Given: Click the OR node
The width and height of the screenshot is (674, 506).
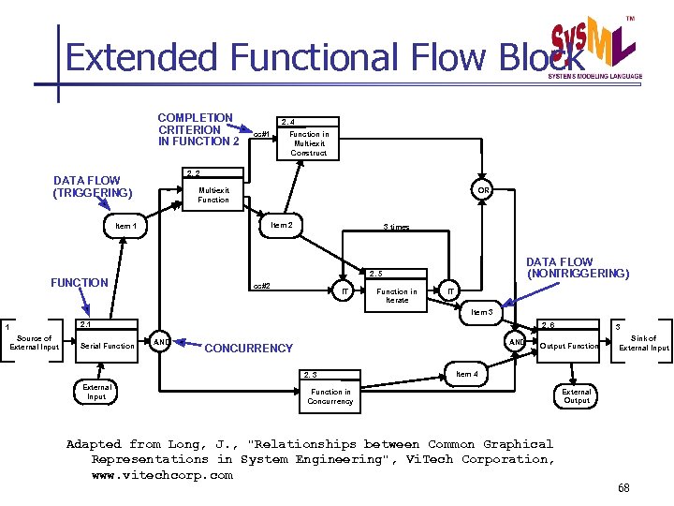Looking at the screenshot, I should pos(483,190).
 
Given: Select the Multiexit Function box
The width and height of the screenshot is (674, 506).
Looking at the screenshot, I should pos(213,194).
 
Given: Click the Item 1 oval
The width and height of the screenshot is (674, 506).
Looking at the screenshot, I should pos(125,226).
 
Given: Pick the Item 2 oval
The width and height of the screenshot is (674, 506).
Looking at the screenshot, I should pos(281,225).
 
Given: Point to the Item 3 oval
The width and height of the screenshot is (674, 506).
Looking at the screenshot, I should pos(482,312).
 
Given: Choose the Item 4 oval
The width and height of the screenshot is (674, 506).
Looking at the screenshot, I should pos(465,374).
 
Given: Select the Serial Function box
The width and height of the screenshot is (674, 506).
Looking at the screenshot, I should pos(108,346).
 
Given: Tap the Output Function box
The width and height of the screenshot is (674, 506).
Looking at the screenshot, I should pos(569,346).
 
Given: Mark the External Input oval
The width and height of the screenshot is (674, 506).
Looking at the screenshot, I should pos(97,391).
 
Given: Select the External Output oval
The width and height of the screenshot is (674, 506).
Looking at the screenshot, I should pos(577,395).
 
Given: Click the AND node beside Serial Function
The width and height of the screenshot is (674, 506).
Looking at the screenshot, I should pos(161,341).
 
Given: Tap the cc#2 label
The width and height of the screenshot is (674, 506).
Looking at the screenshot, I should pos(261,286).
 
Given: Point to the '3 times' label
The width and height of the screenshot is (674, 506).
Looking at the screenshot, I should pos(396,228).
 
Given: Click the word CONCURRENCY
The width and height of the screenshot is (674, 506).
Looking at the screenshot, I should pos(248,349).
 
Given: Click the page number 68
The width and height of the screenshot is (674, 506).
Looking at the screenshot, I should pos(624,489).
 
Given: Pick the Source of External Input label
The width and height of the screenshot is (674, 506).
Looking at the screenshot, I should pos(35,343).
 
